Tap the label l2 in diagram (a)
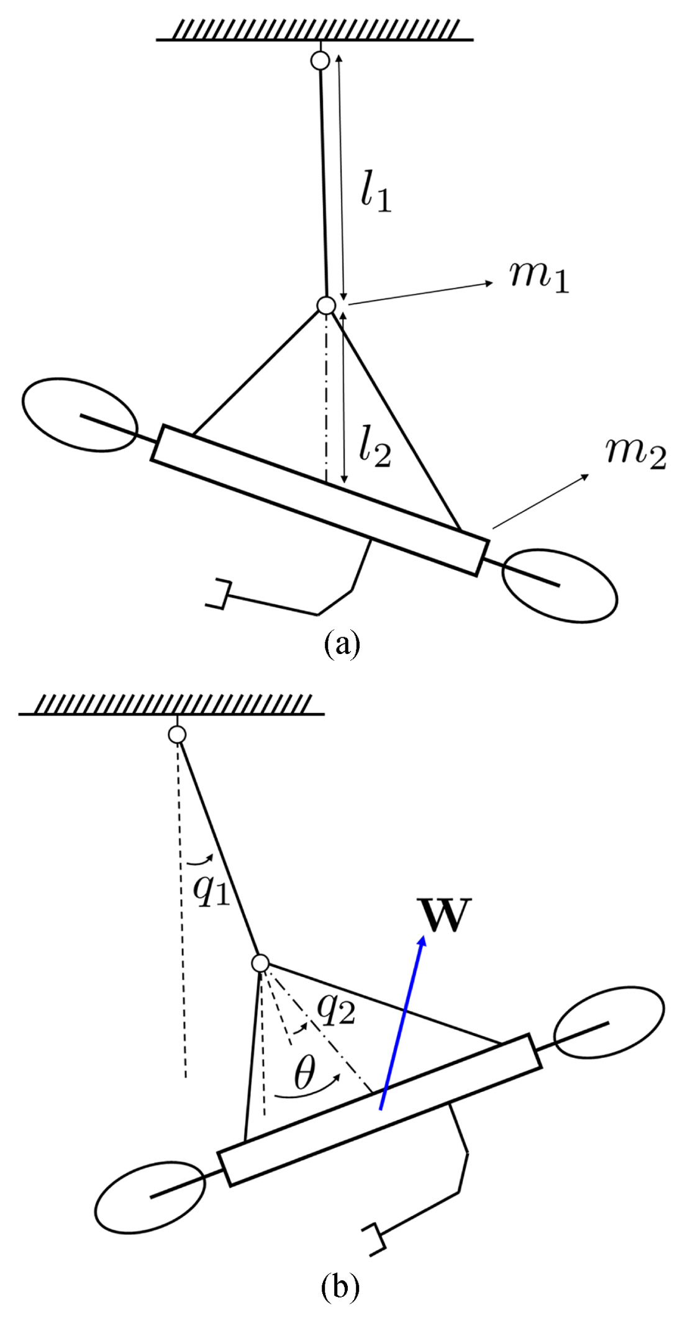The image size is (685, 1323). pos(375,447)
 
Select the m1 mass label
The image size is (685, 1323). pos(538,275)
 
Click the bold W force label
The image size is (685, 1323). pos(445,916)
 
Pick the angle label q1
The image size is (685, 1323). pos(211,889)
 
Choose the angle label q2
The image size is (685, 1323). pos(336,1009)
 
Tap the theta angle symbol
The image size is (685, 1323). pos(304,1072)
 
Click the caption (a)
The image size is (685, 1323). pos(342,644)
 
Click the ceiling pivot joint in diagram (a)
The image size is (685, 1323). pos(320,61)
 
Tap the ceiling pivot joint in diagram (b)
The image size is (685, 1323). pos(177,735)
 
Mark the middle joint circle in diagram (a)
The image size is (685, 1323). pos(326,306)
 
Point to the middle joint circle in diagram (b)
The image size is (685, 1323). pos(260,964)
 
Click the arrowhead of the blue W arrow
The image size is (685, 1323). pos(422,942)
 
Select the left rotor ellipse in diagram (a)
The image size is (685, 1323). pos(79,413)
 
